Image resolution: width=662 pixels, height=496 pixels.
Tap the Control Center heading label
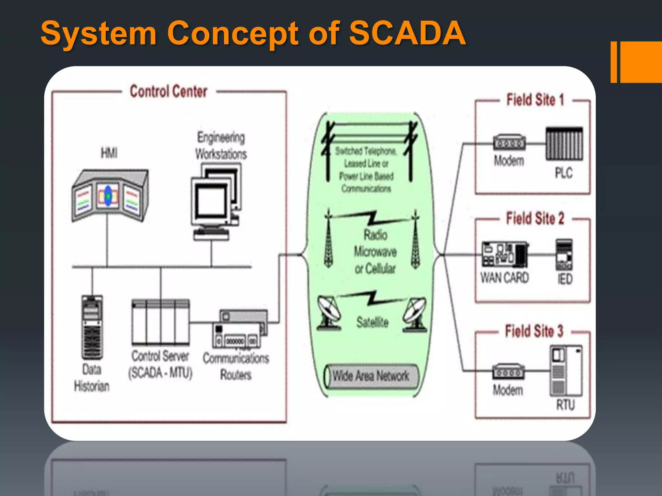[168, 91]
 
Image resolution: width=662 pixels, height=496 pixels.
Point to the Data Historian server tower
[92, 327]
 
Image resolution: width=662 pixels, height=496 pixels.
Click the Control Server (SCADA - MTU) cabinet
[161, 323]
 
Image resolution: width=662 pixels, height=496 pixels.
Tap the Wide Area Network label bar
[371, 376]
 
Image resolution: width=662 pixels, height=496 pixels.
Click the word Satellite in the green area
[372, 322]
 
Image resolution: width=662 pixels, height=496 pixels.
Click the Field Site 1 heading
[535, 100]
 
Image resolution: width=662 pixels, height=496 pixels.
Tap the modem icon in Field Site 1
[509, 142]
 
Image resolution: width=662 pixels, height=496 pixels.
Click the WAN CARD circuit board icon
[505, 254]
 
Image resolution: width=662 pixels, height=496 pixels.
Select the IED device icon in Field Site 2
[564, 255]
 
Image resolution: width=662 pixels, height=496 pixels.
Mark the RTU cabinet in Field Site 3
[566, 371]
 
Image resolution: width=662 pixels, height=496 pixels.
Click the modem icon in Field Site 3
[508, 372]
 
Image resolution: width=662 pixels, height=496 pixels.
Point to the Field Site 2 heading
[535, 219]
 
